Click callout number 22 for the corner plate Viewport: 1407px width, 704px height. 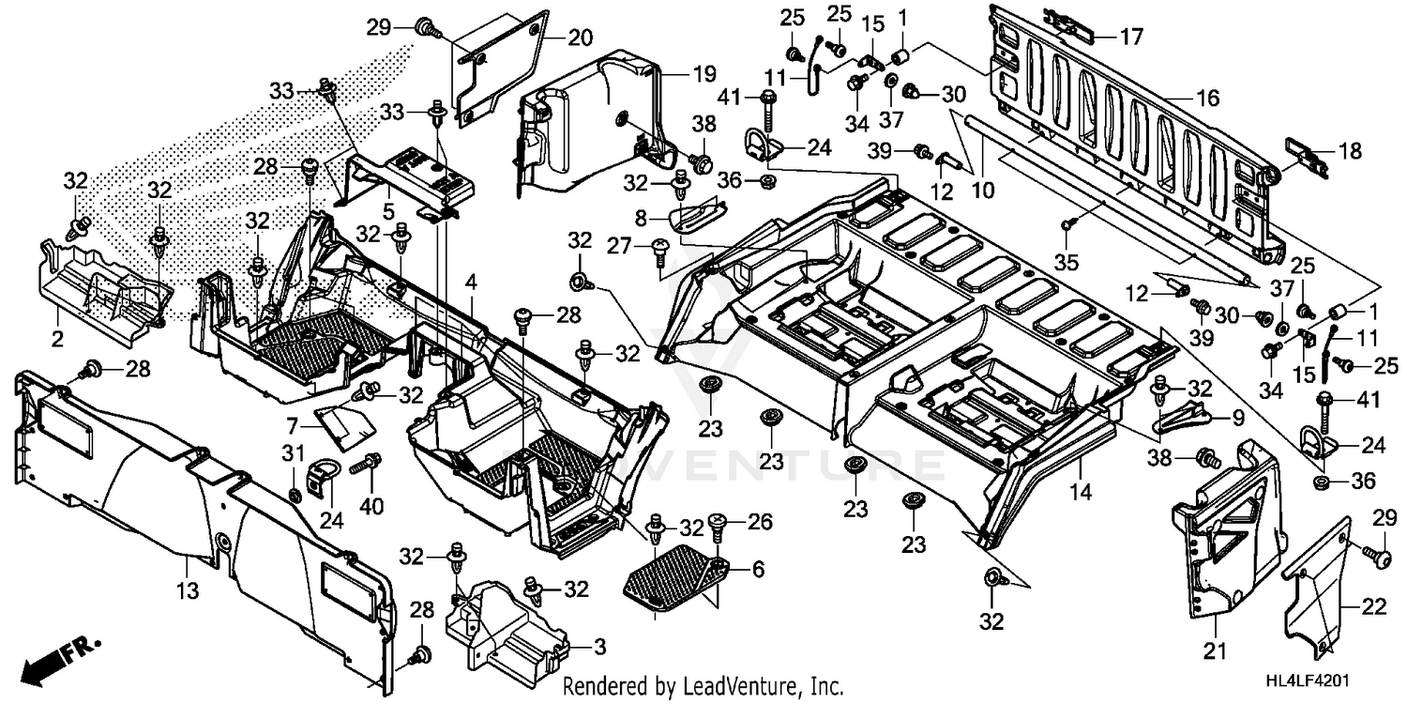[1374, 608]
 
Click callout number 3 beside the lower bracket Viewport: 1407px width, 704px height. [599, 647]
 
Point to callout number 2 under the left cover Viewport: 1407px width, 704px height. [58, 339]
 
